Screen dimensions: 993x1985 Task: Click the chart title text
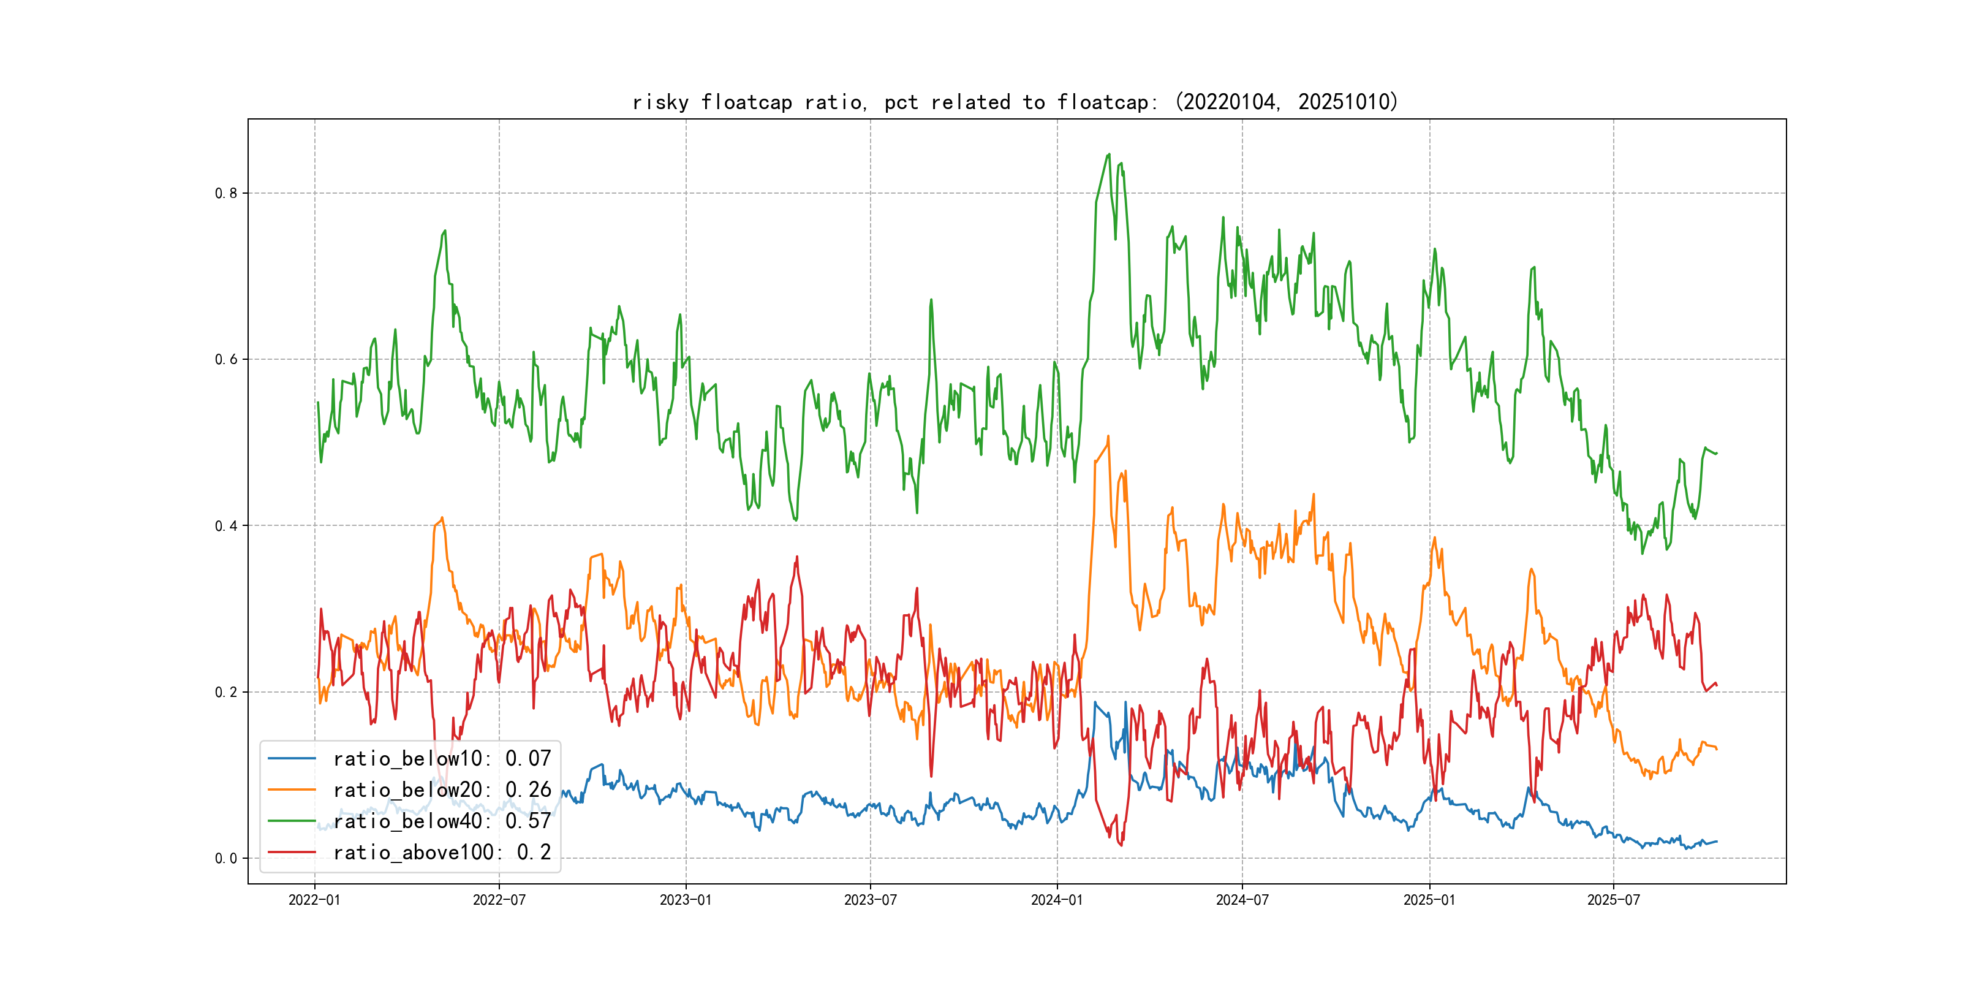point(1015,102)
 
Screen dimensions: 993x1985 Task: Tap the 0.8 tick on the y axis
point(226,194)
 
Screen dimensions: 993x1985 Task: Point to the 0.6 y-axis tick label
point(226,359)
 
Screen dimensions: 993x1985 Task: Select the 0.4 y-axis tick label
point(226,526)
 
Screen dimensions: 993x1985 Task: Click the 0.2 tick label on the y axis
point(226,692)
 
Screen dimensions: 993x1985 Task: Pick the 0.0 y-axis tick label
point(226,859)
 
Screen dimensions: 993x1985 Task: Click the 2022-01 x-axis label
point(314,900)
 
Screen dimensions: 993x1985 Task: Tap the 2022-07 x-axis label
point(499,900)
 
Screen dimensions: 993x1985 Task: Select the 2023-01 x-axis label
point(686,900)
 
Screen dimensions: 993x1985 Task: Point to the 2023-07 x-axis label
point(871,900)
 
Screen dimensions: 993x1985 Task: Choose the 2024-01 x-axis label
point(1057,900)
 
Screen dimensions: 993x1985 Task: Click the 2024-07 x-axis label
point(1242,900)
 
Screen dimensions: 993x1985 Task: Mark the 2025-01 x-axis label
point(1429,900)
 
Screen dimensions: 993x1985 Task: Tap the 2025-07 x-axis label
point(1614,900)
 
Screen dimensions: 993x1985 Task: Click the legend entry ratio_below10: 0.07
point(442,759)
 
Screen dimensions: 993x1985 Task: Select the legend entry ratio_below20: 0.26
point(442,790)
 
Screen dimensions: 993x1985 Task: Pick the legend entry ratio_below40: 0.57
point(442,821)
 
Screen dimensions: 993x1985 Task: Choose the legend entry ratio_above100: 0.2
point(442,853)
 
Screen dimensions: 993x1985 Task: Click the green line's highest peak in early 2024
point(1109,154)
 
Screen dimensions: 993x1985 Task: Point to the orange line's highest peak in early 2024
point(1108,436)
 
